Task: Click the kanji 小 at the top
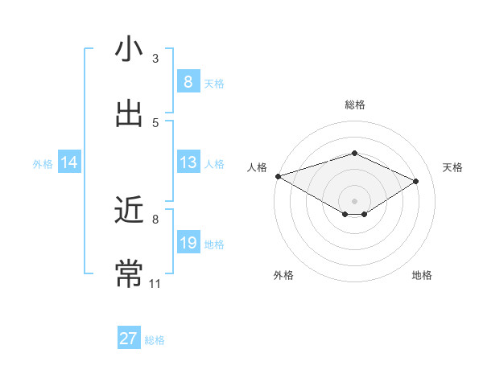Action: [129, 48]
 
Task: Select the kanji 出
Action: [129, 113]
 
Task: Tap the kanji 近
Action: [129, 210]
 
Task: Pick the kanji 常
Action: [129, 273]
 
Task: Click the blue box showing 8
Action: [188, 81]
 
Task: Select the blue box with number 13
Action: [188, 162]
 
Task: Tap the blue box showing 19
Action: [188, 243]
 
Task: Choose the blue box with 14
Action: [69, 162]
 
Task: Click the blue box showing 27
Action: [129, 339]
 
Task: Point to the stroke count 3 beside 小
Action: [155, 58]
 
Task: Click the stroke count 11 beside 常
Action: [155, 283]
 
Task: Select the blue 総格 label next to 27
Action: [155, 340]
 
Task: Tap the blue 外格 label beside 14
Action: [43, 163]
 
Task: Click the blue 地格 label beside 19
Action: [214, 244]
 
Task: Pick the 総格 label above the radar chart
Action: [354, 105]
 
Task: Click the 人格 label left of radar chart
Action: [257, 167]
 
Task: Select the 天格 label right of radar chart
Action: [452, 167]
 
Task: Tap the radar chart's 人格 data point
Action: [278, 176]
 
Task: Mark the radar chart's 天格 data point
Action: [415, 181]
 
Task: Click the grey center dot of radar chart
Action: [354, 200]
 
